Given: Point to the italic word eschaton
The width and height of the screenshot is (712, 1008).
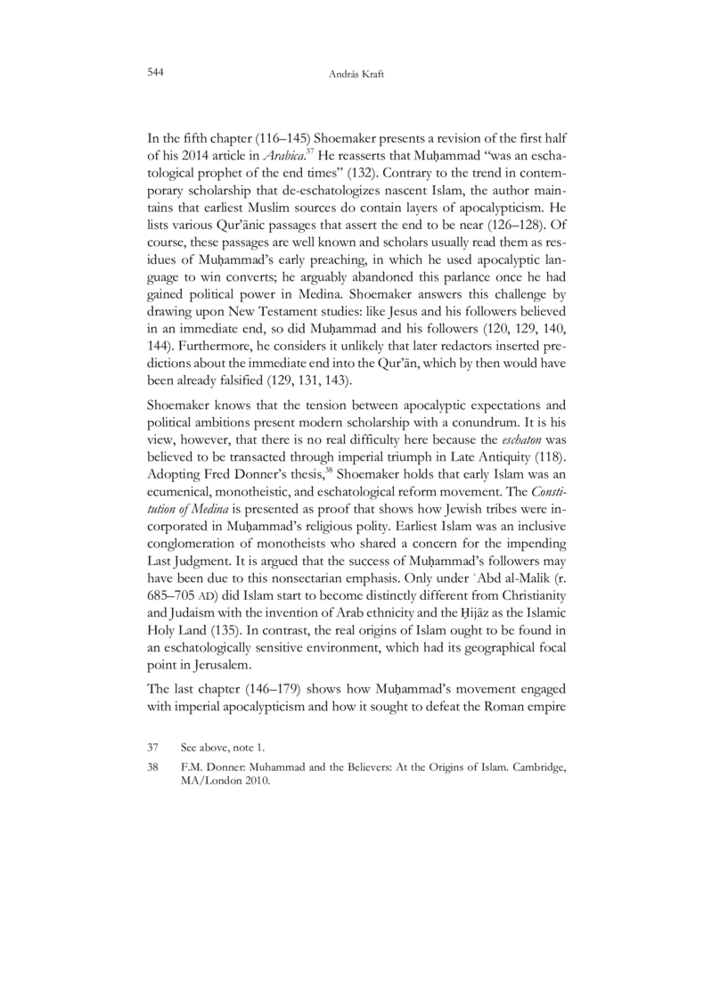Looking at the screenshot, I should (521, 465).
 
